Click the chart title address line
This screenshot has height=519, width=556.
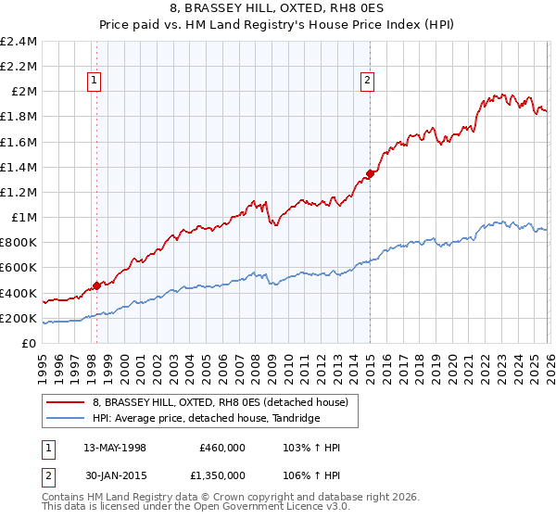tap(278, 9)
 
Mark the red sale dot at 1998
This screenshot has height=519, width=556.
tap(96, 285)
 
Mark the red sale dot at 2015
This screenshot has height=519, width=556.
tap(370, 172)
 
